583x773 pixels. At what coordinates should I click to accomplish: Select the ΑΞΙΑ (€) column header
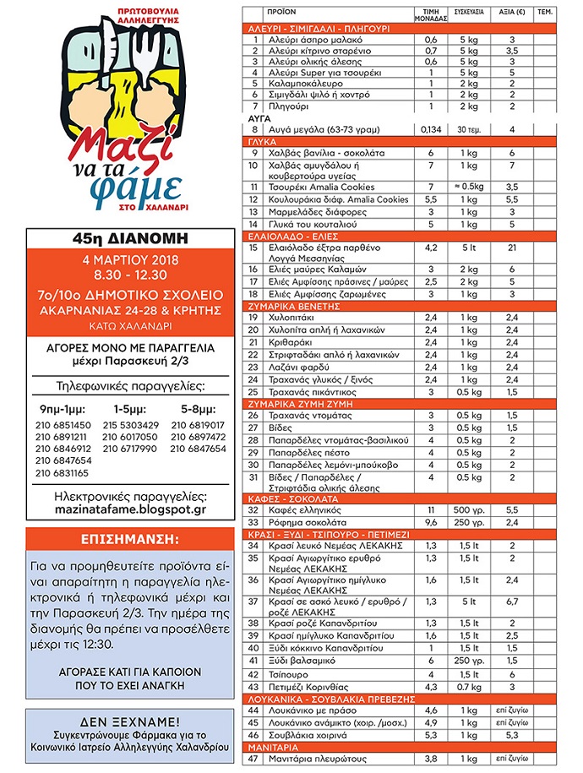coord(510,14)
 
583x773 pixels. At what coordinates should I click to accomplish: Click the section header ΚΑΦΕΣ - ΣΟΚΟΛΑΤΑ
coord(287,499)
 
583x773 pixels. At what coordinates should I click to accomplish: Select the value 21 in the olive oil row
coord(510,248)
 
